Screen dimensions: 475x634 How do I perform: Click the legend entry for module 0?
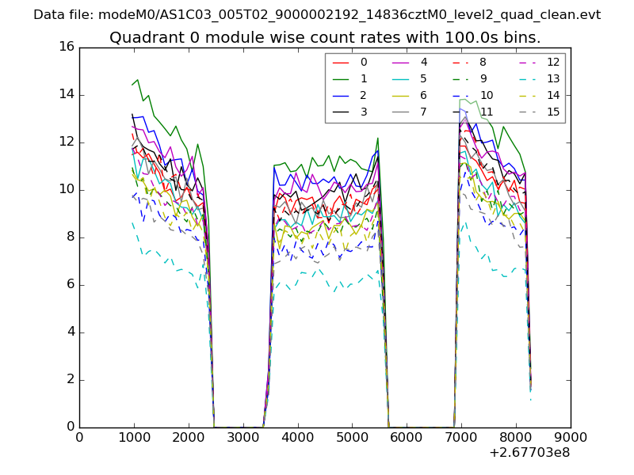[x=364, y=62]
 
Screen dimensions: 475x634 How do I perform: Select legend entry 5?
[x=424, y=78]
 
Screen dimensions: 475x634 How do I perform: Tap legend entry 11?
[x=487, y=112]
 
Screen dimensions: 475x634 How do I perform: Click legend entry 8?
[x=483, y=62]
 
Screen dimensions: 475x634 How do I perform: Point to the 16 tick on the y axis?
[x=67, y=47]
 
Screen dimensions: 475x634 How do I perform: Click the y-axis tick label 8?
[x=70, y=237]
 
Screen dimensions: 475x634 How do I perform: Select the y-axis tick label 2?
[x=70, y=379]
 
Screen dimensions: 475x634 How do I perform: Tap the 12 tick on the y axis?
[x=67, y=142]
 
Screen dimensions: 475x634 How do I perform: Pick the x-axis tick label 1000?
[x=134, y=436]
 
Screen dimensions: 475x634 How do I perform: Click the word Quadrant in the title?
[x=142, y=37]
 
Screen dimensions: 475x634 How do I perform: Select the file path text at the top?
[x=317, y=15]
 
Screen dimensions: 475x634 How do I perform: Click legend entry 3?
[x=364, y=112]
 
